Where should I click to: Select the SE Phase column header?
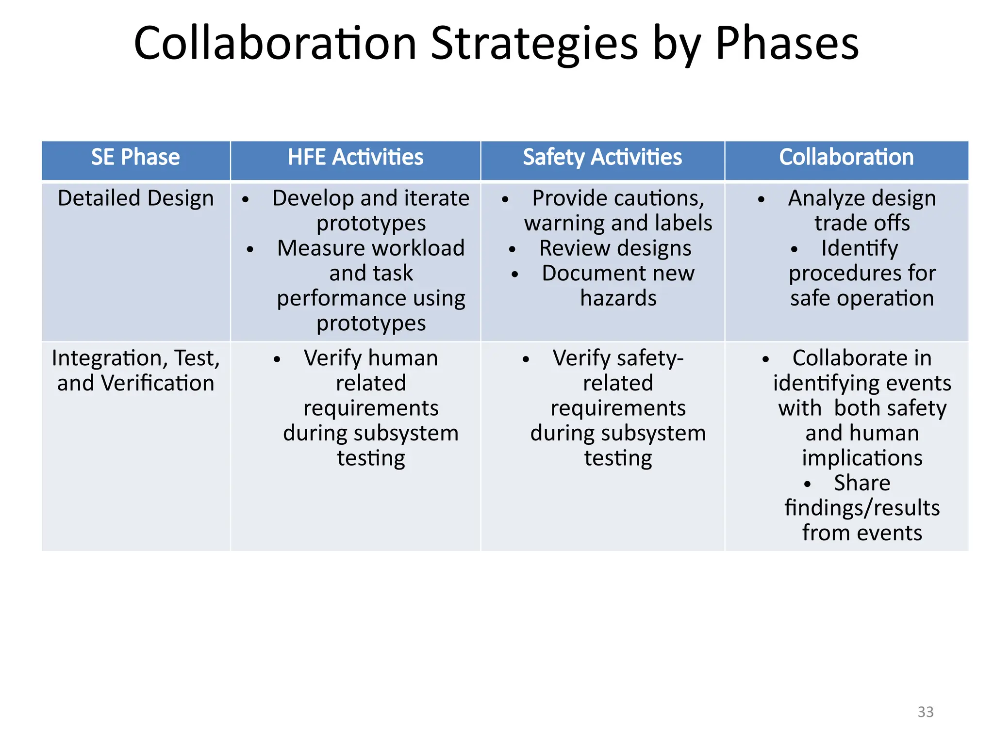tap(135, 158)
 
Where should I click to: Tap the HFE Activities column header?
tap(355, 158)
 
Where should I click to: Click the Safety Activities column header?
tap(602, 158)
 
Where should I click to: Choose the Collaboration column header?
tap(846, 158)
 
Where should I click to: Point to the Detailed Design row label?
tap(135, 199)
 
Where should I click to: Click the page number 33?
tap(925, 712)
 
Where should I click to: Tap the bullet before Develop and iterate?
tap(246, 199)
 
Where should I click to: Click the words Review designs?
tap(615, 248)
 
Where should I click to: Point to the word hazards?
tap(618, 298)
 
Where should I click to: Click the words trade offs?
tap(862, 224)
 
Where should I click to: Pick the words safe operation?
tap(862, 298)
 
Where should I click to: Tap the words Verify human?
tap(371, 358)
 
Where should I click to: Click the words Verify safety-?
tap(618, 358)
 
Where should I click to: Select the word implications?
tap(862, 458)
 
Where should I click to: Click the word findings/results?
tap(862, 508)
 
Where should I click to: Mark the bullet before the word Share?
tap(807, 484)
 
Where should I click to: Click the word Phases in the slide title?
tap(787, 45)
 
